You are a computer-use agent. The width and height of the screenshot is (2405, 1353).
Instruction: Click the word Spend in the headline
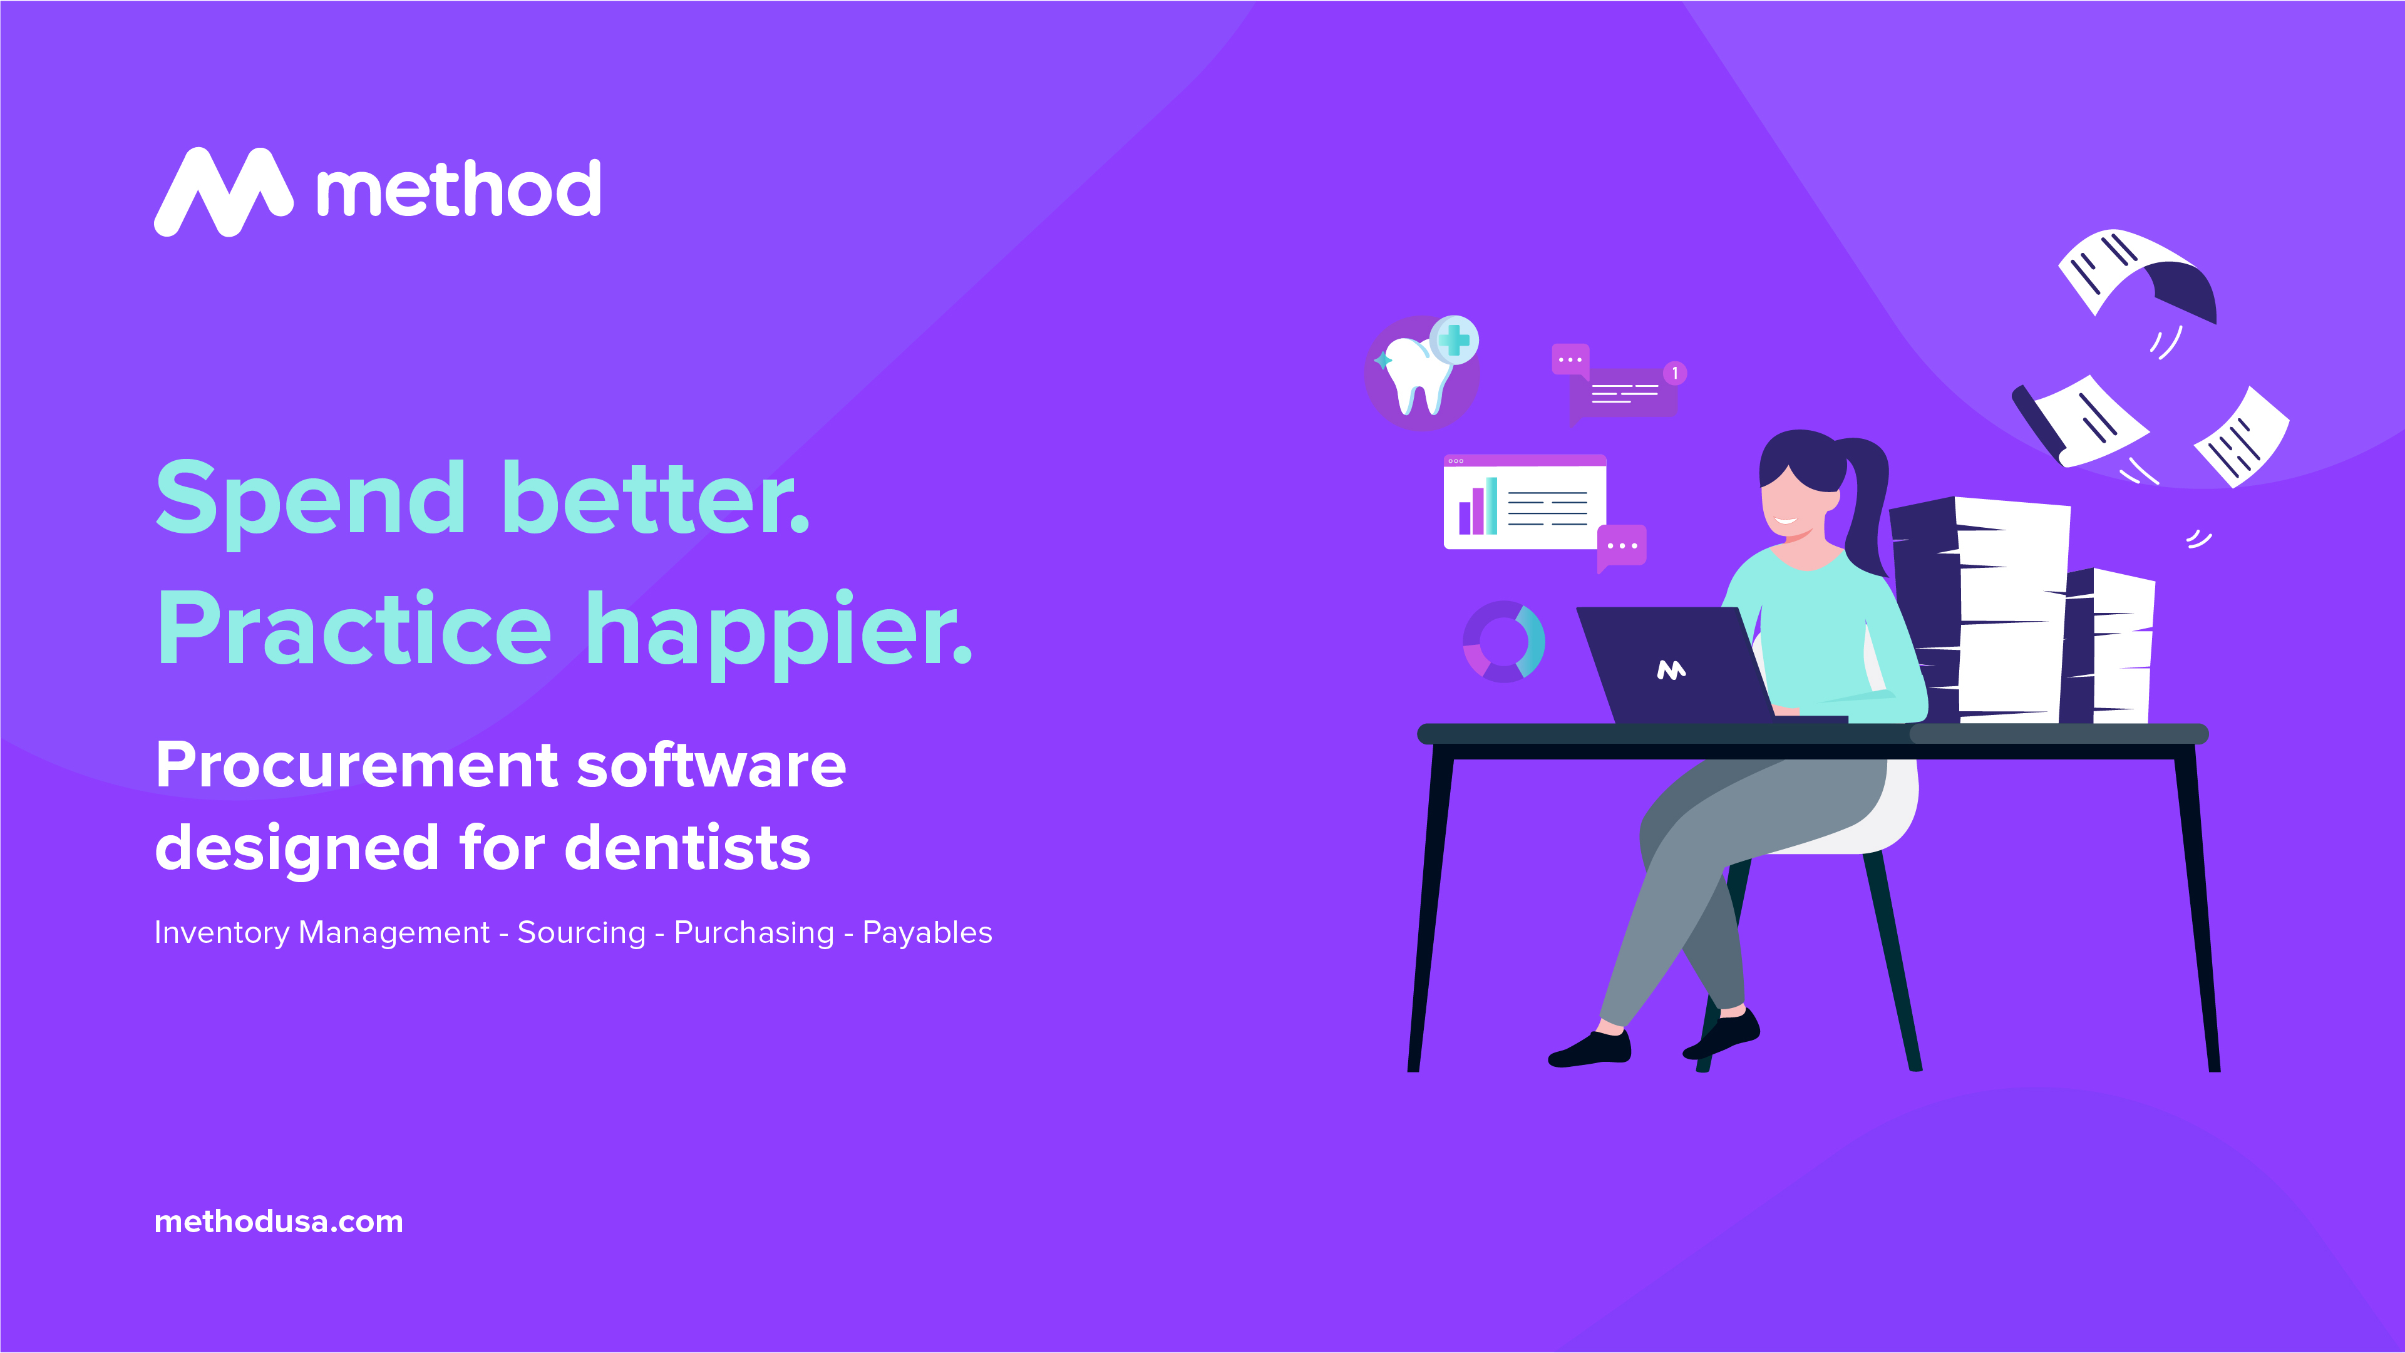[x=309, y=500]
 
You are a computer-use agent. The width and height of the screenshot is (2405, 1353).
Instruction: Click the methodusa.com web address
[x=278, y=1222]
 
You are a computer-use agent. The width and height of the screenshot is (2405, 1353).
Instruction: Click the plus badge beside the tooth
[x=1454, y=340]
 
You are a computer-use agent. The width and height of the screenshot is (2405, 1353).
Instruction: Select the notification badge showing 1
[x=1675, y=374]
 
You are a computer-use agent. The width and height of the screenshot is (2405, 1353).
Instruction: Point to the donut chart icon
[x=1503, y=642]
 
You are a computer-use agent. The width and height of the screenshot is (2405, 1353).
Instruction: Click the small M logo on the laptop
[x=1671, y=669]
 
